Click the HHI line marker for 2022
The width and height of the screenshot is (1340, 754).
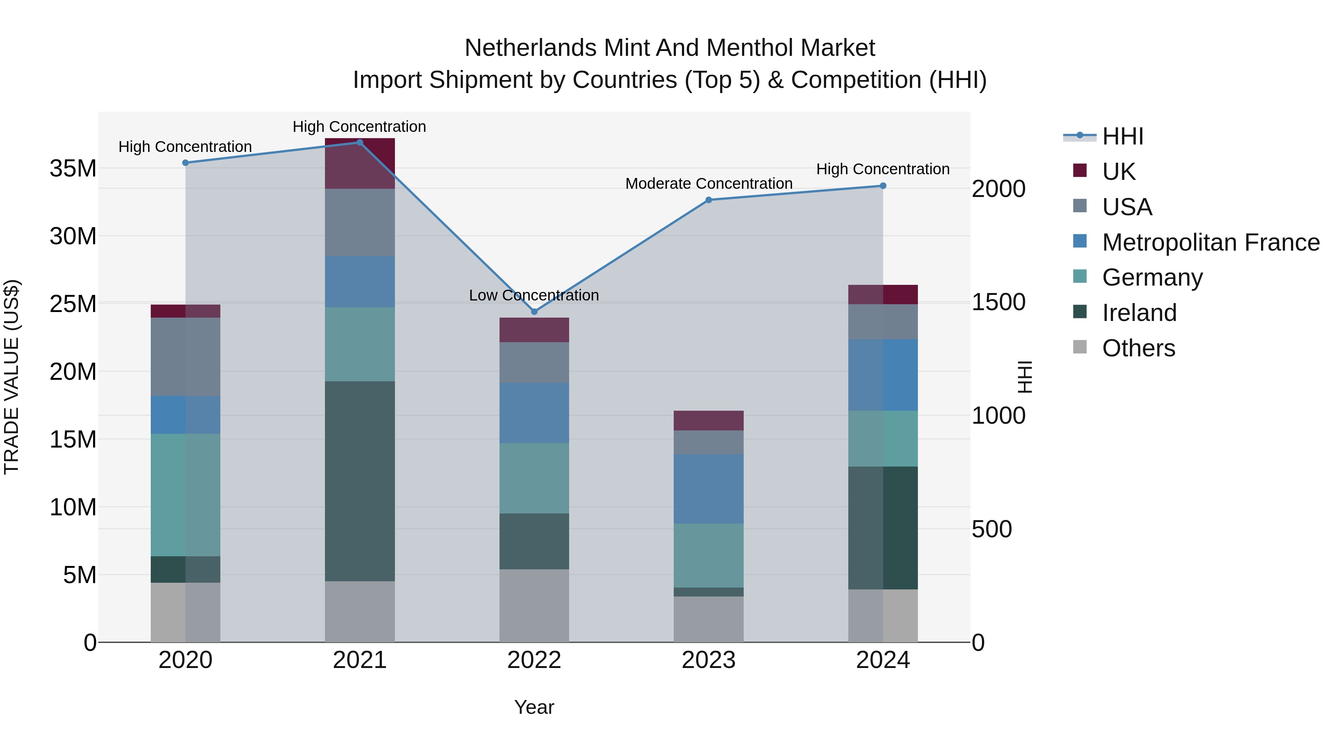(x=534, y=312)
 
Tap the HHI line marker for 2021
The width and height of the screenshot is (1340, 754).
(x=360, y=143)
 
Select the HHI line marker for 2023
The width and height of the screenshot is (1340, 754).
(x=708, y=200)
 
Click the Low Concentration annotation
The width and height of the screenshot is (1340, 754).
(x=534, y=295)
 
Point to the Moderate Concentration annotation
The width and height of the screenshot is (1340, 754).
(x=708, y=184)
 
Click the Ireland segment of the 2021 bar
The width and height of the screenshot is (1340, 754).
(x=360, y=481)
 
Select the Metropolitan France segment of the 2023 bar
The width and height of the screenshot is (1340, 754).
(x=708, y=489)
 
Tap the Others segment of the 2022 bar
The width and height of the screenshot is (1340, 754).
(x=534, y=606)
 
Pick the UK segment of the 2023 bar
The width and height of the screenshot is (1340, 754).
(x=708, y=420)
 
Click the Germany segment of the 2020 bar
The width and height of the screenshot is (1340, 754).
(x=185, y=495)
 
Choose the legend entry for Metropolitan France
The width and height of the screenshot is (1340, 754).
(x=1210, y=242)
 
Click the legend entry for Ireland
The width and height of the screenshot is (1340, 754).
(x=1139, y=313)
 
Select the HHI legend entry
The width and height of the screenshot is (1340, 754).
(x=1123, y=136)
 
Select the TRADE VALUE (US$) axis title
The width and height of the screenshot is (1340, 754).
(x=12, y=377)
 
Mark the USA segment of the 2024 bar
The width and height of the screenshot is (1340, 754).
(x=883, y=322)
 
